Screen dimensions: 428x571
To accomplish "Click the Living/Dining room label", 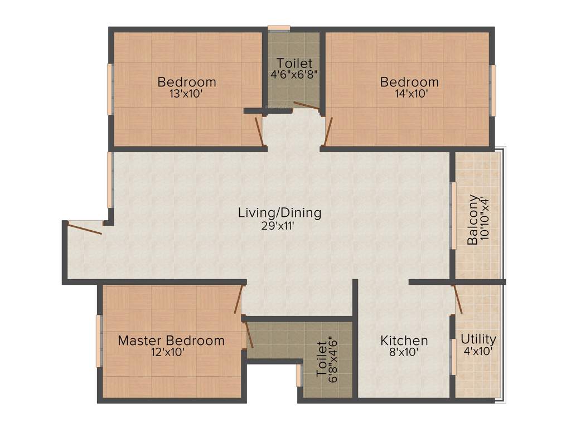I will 279,212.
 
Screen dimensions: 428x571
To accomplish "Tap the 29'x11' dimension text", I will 279,226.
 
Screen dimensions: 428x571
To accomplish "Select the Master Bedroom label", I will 171,340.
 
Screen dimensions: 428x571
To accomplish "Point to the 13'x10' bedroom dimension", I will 186,94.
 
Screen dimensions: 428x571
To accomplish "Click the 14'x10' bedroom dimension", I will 409,94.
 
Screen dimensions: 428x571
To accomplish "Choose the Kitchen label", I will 404,340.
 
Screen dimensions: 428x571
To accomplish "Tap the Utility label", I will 478,339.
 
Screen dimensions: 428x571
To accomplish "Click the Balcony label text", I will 473,220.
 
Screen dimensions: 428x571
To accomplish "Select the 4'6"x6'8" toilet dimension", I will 294,74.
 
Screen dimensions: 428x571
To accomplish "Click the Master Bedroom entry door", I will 239,299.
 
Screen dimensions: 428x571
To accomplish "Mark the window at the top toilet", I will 279,27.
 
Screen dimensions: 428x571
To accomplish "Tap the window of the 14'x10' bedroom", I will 493,90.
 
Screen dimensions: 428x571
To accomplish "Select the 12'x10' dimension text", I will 168,352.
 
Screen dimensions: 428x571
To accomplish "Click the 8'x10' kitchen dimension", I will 404,352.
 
